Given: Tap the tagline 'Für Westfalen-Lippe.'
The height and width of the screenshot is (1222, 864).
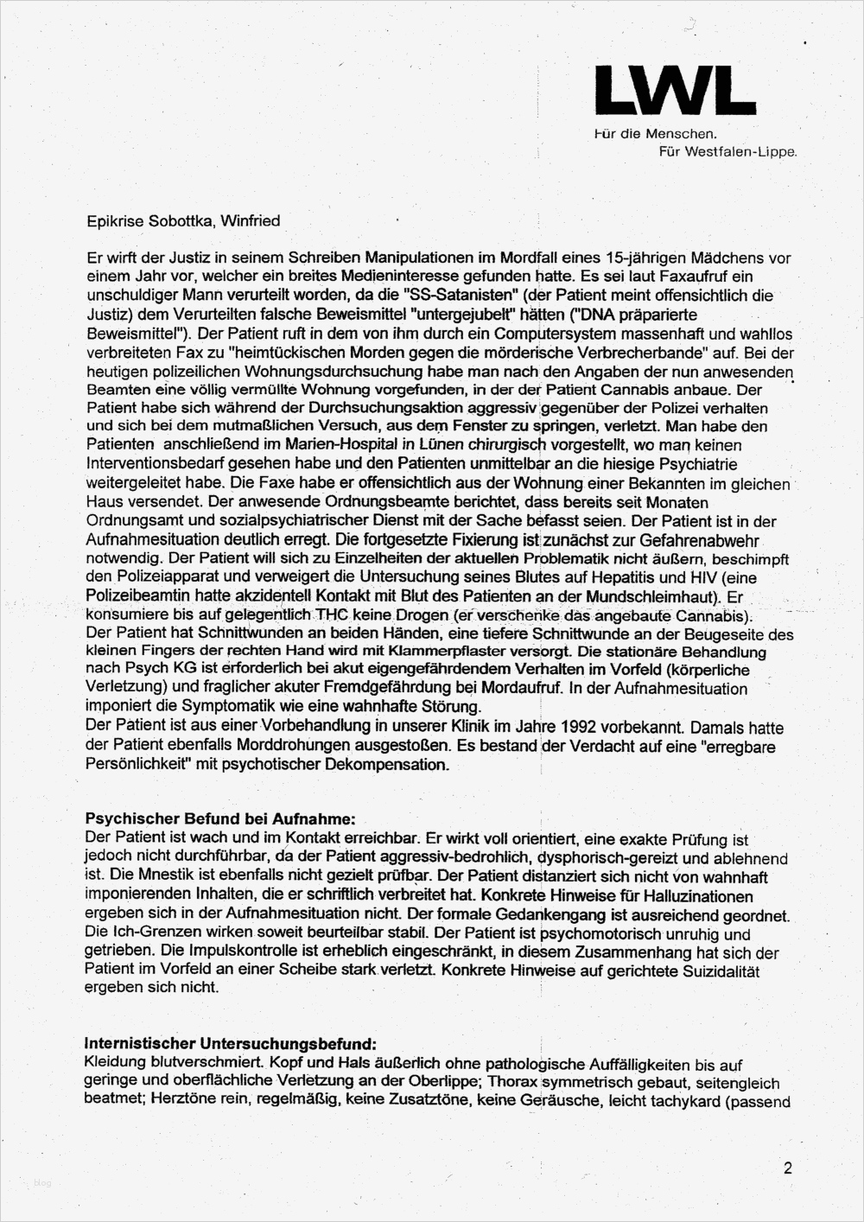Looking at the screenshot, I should click(727, 151).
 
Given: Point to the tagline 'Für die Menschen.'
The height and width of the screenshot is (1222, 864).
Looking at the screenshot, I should click(656, 134).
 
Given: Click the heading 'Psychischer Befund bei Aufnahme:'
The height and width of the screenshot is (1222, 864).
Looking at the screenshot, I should click(219, 818).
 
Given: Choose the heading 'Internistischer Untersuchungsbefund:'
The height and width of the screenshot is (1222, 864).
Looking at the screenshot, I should click(231, 1045).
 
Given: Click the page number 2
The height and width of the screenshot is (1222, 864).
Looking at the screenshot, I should click(787, 1169).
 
